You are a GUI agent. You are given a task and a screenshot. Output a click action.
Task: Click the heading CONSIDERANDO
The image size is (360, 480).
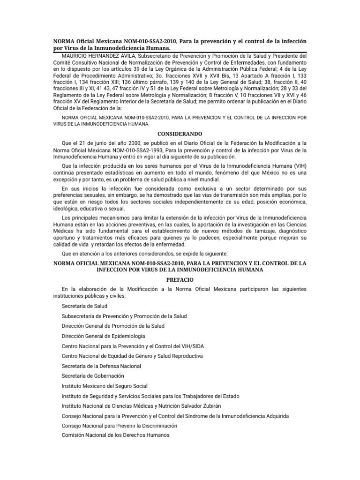point(180,134)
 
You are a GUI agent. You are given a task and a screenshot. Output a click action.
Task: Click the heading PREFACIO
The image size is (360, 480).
point(180,279)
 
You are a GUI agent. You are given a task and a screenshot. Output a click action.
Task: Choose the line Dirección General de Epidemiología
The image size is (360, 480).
point(103,336)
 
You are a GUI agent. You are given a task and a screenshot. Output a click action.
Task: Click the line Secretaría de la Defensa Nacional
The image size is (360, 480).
point(101,366)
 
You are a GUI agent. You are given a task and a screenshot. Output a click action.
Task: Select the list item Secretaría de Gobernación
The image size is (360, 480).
point(93,376)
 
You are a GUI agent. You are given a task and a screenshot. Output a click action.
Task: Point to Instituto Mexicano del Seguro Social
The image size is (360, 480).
point(105,386)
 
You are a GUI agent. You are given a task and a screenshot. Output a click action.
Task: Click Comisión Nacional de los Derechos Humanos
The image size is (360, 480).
point(115,435)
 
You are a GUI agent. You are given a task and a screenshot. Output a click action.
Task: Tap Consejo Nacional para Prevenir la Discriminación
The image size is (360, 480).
point(120,426)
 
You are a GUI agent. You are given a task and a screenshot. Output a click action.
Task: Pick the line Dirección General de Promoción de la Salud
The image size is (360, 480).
point(113,326)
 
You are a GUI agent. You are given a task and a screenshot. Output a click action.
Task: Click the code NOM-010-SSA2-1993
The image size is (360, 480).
point(123,150)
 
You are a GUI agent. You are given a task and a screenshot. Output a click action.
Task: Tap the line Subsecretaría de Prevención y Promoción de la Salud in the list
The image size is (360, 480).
point(124,316)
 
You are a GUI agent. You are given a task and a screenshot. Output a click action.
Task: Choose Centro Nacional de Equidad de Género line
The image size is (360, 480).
point(132,356)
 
